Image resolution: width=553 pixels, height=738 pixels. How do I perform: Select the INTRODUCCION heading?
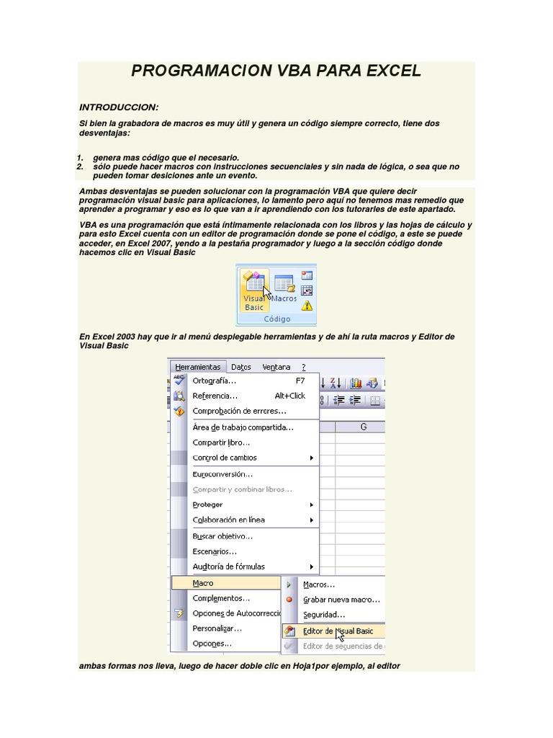(x=119, y=107)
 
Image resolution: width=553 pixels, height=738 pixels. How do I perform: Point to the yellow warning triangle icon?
(x=307, y=305)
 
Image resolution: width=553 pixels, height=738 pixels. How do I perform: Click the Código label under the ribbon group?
(x=276, y=319)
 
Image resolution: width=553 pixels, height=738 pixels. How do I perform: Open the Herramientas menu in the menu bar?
(x=197, y=367)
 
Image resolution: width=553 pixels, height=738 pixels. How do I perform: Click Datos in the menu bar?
(x=241, y=367)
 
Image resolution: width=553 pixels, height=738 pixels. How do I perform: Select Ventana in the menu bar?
(x=276, y=367)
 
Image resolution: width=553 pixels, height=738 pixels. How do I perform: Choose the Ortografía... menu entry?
(x=215, y=381)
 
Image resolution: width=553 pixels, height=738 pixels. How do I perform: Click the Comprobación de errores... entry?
(x=239, y=411)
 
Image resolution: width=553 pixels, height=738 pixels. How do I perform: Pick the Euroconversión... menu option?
(x=222, y=474)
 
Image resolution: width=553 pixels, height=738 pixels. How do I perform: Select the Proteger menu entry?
(x=207, y=504)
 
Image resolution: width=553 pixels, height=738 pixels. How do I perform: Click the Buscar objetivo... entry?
(x=222, y=536)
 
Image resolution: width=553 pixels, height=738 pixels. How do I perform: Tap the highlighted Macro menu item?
(x=203, y=583)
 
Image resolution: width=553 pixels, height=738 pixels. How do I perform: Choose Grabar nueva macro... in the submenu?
(x=341, y=600)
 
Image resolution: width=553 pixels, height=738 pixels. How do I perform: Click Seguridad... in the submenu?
(x=324, y=615)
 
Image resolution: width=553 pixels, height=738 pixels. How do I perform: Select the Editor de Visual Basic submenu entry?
(x=338, y=631)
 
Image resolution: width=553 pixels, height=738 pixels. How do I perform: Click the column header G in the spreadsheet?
(x=363, y=427)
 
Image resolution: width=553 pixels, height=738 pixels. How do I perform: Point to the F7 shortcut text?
(x=300, y=381)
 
